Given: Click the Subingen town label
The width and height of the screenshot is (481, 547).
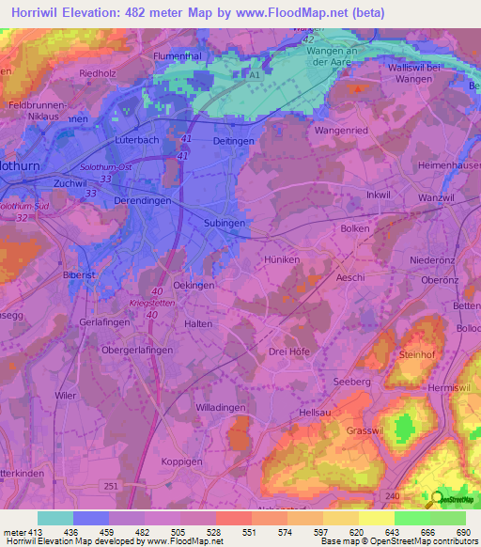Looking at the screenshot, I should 225,224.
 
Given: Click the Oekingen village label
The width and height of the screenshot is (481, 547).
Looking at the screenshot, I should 194,285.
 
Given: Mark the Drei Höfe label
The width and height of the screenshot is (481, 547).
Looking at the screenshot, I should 289,352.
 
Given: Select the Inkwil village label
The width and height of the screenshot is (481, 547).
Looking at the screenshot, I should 378,195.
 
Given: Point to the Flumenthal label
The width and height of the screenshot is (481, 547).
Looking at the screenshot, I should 178,56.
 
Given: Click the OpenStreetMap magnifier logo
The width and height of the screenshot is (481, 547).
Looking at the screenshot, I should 435,499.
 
